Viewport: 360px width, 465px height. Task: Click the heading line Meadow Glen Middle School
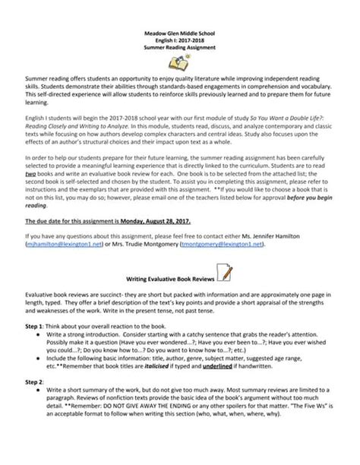[180, 33]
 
